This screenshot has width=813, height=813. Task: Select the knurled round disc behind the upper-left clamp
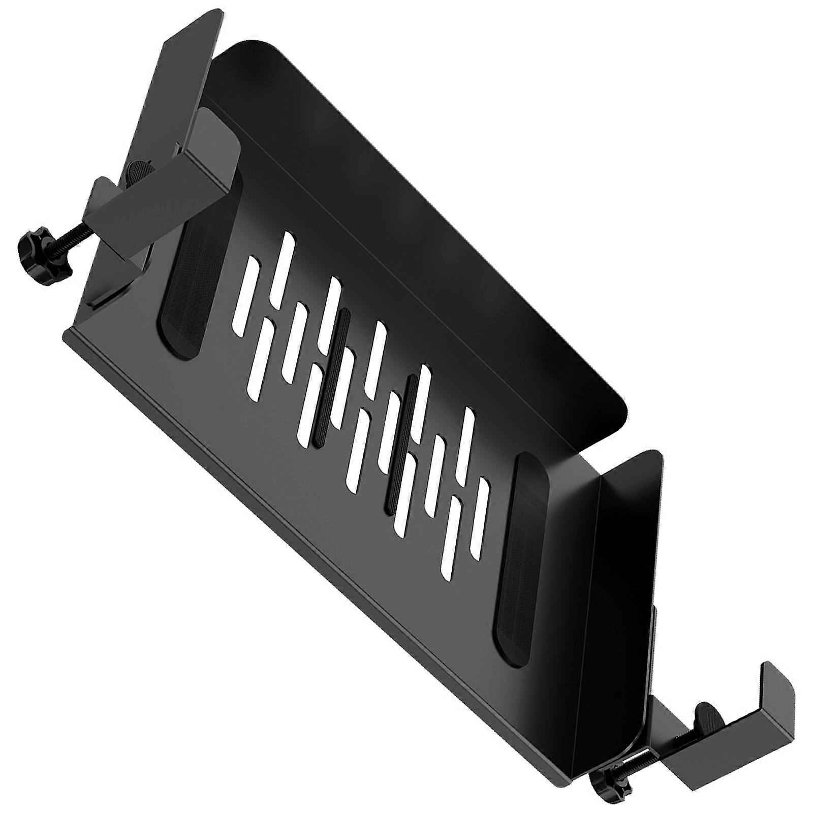(139, 171)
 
